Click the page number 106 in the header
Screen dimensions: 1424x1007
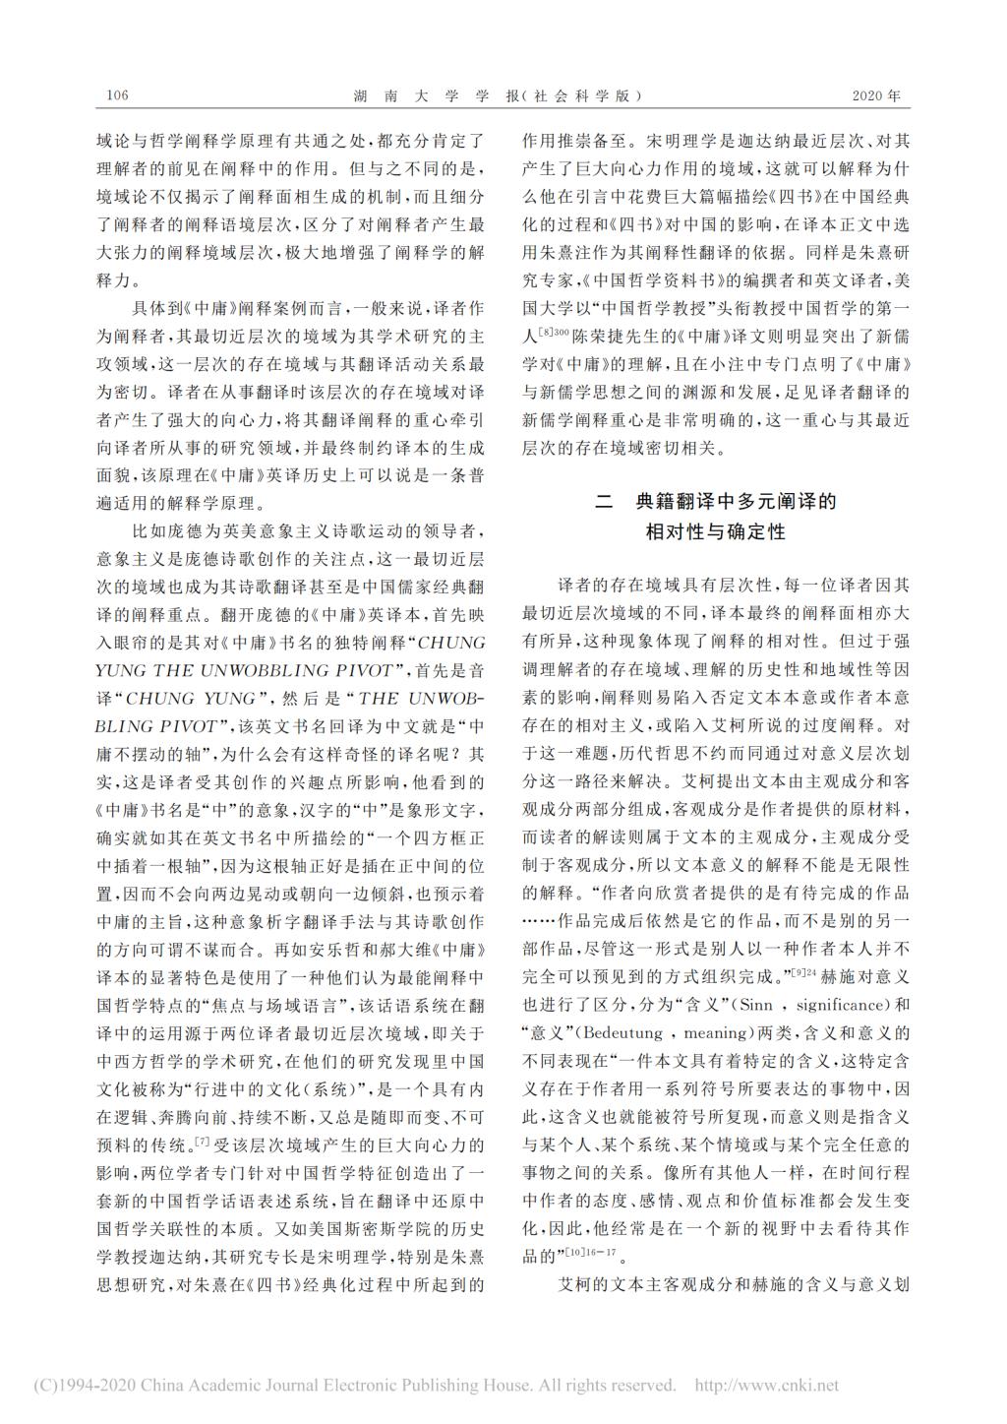(117, 96)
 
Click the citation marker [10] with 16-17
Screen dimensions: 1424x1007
(588, 1253)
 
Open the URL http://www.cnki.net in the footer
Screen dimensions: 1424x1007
(767, 1386)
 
